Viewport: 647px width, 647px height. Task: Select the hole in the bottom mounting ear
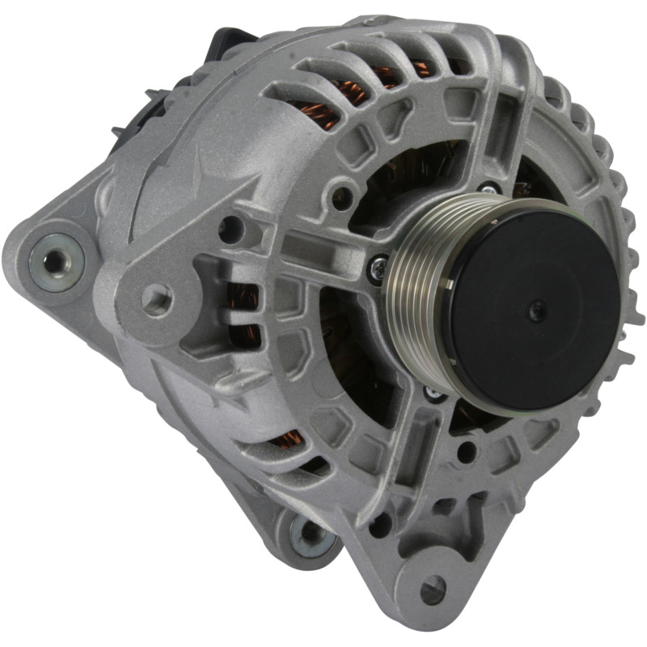click(x=433, y=589)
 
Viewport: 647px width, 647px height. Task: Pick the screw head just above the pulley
click(x=487, y=188)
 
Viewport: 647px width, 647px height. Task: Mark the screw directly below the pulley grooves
click(x=433, y=392)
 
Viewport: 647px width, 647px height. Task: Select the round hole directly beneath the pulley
click(x=467, y=451)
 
